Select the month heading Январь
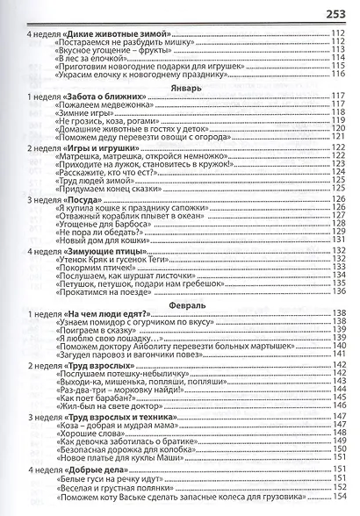[x=180, y=79]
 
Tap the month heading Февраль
[x=180, y=307]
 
